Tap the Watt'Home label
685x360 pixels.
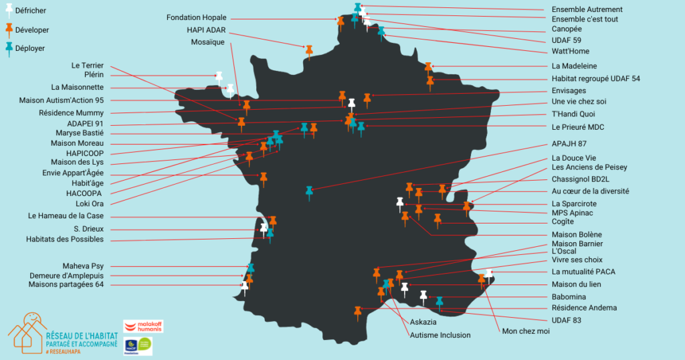(x=570, y=52)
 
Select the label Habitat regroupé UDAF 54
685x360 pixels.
(x=595, y=78)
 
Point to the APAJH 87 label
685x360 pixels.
(x=569, y=143)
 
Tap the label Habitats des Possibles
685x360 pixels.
(x=66, y=240)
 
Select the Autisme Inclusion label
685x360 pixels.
(x=440, y=335)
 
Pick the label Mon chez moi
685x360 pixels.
(x=525, y=331)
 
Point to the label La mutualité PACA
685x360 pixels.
(x=583, y=272)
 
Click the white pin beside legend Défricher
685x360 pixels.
(x=10, y=10)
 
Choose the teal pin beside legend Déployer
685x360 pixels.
(x=10, y=48)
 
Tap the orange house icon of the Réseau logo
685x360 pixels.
(x=26, y=333)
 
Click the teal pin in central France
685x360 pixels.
(x=309, y=192)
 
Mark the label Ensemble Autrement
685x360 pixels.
(x=587, y=9)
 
